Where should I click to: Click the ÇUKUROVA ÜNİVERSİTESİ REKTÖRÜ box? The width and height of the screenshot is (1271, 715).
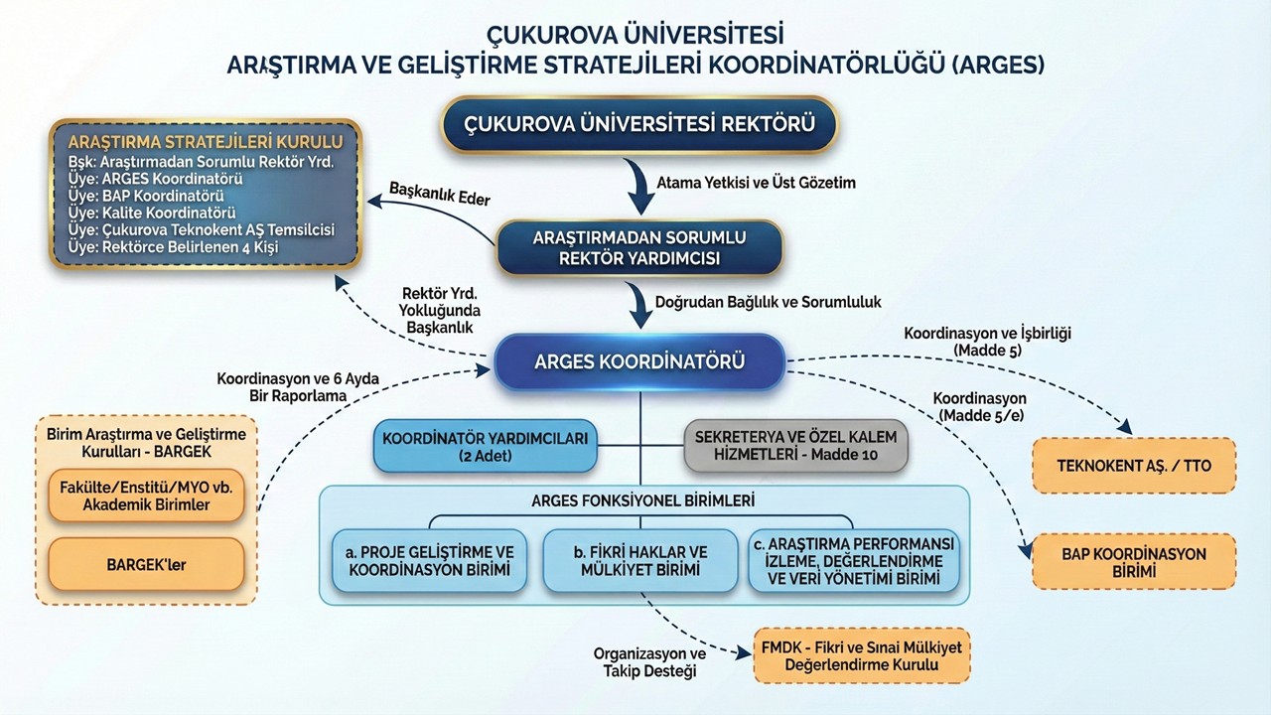[x=640, y=124]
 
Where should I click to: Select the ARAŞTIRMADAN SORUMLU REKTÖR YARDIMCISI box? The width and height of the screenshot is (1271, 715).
[x=639, y=248]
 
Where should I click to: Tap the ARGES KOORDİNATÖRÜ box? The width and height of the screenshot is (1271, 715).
[x=639, y=361]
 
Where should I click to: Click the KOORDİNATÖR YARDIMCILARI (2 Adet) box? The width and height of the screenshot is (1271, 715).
[x=486, y=446]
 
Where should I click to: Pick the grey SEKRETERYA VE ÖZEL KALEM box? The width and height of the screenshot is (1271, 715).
[x=795, y=446]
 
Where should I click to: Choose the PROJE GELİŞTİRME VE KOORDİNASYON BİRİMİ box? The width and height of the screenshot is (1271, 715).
[x=429, y=560]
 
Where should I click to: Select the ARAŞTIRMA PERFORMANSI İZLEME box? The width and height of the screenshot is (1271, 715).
[x=854, y=560]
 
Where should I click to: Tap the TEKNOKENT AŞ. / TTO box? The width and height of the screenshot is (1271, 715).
[x=1134, y=465]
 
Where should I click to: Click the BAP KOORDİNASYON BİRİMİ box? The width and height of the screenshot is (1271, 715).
[x=1134, y=562]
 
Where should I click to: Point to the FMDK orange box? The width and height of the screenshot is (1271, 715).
[x=861, y=655]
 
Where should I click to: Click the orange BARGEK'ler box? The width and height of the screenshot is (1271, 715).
[x=146, y=565]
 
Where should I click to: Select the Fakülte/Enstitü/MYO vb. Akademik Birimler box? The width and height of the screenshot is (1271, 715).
[x=146, y=496]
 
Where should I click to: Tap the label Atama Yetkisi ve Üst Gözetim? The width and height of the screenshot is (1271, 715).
[x=756, y=183]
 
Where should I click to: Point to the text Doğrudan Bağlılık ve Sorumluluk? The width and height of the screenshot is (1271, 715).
[x=769, y=301]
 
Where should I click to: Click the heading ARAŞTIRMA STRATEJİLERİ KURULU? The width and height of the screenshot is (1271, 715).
[x=206, y=141]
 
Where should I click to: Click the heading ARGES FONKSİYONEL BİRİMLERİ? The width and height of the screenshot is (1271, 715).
[x=642, y=500]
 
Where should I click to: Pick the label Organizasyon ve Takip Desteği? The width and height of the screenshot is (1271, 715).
[x=649, y=662]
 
